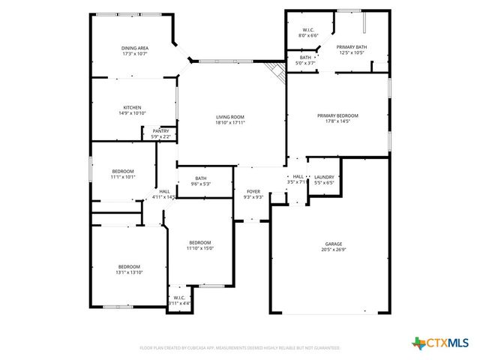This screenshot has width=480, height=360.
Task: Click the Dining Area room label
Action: pyautogui.click(x=135, y=48)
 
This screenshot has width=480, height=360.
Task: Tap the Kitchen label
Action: pyautogui.click(x=133, y=107)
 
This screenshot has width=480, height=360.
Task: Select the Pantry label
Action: pyautogui.click(x=160, y=131)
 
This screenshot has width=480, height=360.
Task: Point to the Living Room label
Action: pyautogui.click(x=230, y=117)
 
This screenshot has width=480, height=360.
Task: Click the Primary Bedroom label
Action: pyautogui.click(x=337, y=115)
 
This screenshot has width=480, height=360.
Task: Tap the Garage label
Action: pyautogui.click(x=333, y=244)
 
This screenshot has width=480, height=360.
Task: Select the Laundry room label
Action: pyautogui.click(x=324, y=177)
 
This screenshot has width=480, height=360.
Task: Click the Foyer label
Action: pyautogui.click(x=253, y=191)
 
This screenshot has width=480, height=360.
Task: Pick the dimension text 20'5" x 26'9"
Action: pyautogui.click(x=333, y=250)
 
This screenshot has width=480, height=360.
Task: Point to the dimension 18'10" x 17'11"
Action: pyautogui.click(x=230, y=122)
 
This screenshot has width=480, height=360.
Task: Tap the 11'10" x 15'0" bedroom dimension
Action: pyautogui.click(x=200, y=248)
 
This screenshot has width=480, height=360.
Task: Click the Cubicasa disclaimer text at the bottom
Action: pyautogui.click(x=240, y=348)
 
